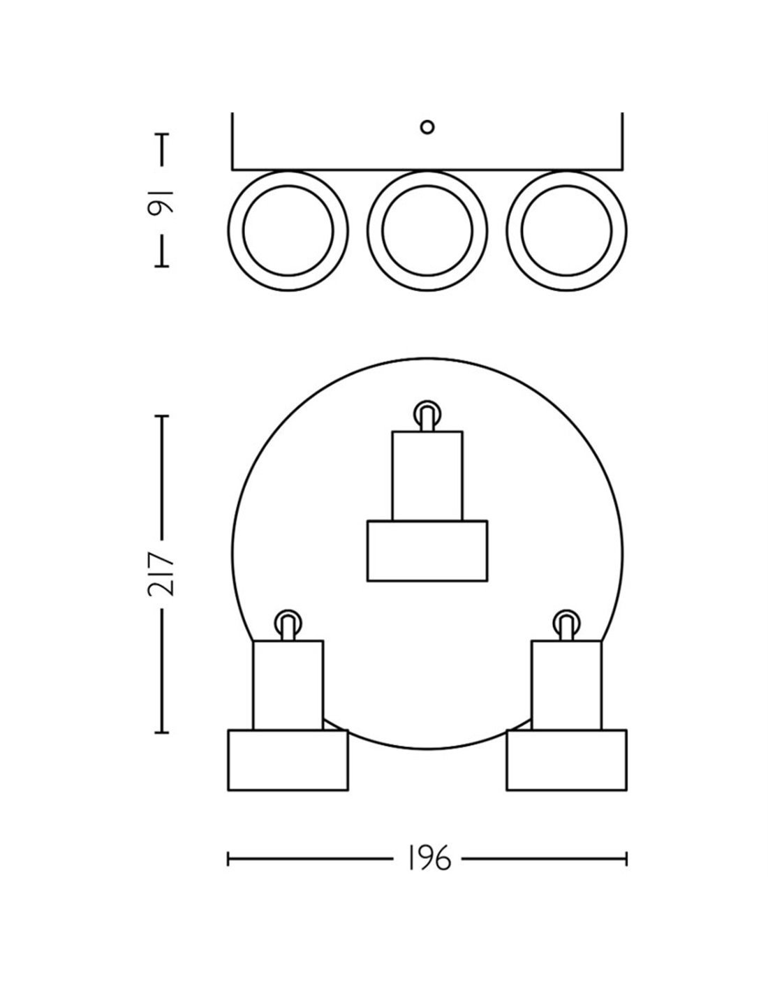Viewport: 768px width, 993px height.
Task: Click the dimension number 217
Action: click(x=162, y=574)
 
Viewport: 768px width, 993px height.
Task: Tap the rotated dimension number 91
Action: click(x=162, y=201)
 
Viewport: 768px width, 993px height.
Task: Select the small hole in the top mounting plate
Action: click(x=427, y=127)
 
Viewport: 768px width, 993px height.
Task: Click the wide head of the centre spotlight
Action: click(x=427, y=550)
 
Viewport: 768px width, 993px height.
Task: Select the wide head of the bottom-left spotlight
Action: click(x=288, y=760)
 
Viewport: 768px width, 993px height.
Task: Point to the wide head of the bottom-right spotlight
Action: click(x=566, y=760)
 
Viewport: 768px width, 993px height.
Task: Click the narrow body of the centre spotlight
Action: click(x=427, y=476)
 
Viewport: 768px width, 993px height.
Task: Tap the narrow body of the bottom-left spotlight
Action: click(x=288, y=685)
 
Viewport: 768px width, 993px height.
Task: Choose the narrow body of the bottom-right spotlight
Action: click(x=566, y=685)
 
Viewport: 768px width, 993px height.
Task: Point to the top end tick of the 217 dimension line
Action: click(x=162, y=416)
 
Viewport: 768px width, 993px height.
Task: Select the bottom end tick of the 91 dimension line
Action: click(x=162, y=266)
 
